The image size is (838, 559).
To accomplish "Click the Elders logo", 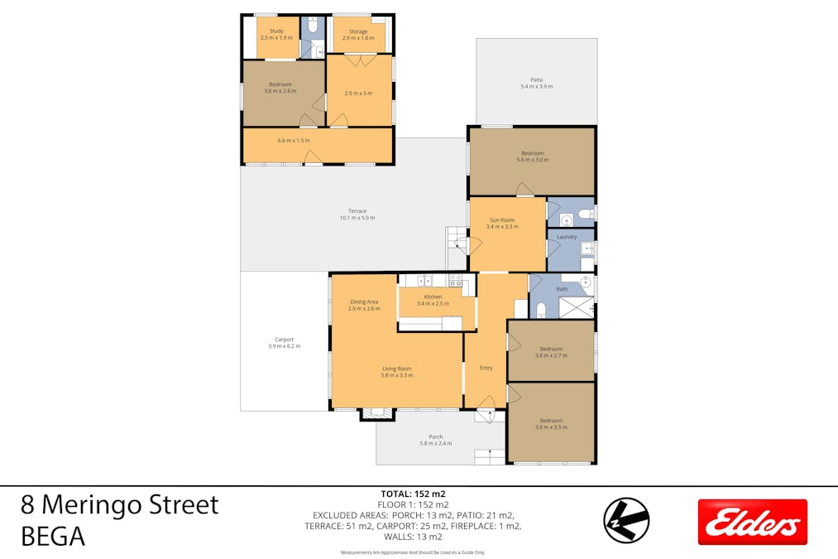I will [752, 522].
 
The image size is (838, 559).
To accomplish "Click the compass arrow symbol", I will [626, 520].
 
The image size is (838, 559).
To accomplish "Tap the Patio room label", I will [536, 80].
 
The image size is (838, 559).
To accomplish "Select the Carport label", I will [284, 340].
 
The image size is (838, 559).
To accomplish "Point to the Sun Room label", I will [502, 220].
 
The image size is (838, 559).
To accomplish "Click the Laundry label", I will [567, 237].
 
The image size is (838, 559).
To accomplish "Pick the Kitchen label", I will [433, 296].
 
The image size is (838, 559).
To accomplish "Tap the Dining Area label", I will [364, 302].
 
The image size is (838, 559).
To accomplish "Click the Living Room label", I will [396, 369].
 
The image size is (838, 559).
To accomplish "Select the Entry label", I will [486, 368].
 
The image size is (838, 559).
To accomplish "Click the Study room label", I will [276, 31].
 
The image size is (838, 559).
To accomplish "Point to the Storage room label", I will [357, 31].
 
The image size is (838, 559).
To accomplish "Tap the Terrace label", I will [357, 211].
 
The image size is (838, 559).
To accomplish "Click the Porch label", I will [435, 437].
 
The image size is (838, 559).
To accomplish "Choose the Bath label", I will [562, 289].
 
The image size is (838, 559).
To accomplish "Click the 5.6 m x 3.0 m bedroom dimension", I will [532, 160].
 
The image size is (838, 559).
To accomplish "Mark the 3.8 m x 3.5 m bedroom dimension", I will [550, 426].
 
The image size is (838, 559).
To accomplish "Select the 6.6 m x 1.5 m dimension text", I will [294, 140].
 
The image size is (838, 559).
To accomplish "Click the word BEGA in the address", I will [53, 537].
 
